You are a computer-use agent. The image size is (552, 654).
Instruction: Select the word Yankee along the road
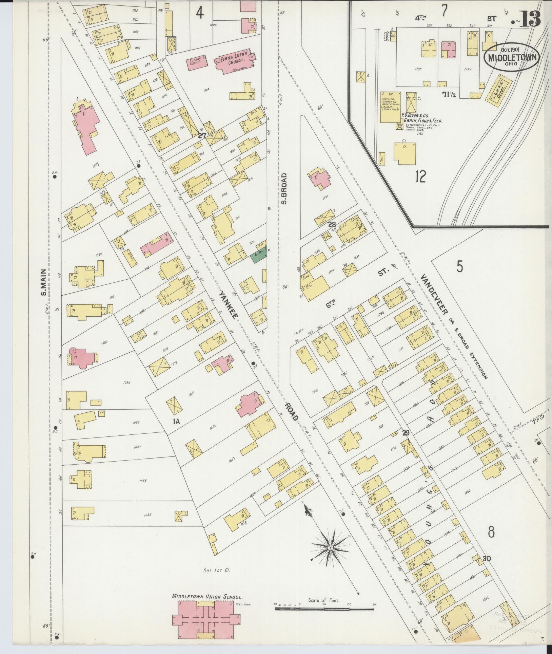pyautogui.click(x=228, y=304)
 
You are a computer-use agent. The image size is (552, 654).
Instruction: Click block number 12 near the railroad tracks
pyautogui.click(x=420, y=176)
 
